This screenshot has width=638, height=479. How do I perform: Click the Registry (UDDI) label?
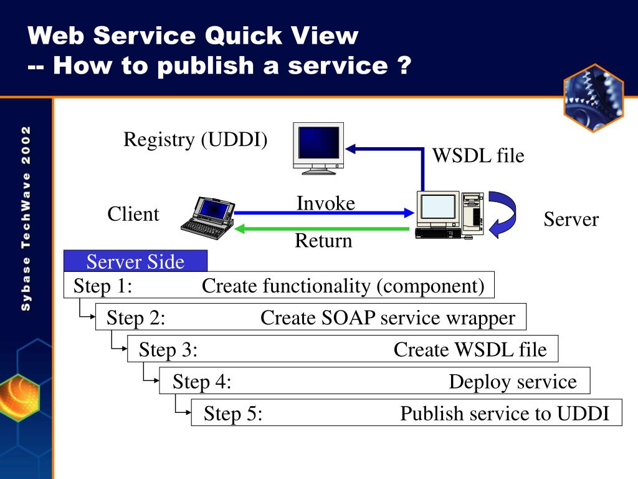click(195, 140)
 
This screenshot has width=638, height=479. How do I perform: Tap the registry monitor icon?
click(318, 148)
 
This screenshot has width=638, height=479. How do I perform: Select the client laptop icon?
click(208, 218)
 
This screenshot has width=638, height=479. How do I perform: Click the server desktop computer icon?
click(450, 215)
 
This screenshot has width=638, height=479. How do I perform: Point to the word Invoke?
click(325, 203)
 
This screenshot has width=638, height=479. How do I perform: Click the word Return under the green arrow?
click(323, 240)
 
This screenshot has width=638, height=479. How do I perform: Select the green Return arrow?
click(322, 229)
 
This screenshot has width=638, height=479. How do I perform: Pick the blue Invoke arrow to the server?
click(324, 212)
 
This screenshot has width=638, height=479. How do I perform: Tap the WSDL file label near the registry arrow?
click(478, 155)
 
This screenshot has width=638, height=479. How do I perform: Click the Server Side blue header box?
click(135, 261)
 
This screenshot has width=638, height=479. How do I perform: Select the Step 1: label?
click(103, 286)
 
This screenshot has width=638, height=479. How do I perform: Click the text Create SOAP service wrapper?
click(388, 317)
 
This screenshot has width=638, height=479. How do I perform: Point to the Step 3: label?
click(168, 349)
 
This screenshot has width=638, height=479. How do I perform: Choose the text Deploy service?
click(513, 382)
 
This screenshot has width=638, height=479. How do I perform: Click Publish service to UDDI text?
click(505, 414)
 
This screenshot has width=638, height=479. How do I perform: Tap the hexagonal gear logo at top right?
click(594, 98)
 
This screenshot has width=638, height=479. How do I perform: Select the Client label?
click(133, 214)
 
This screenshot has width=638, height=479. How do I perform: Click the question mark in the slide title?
click(404, 65)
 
